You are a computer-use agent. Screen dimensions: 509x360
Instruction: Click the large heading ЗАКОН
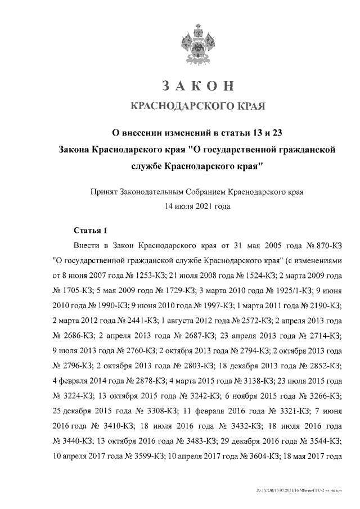(197, 86)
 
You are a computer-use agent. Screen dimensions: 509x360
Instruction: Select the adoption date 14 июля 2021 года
(197, 206)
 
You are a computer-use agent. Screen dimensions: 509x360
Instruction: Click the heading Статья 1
(90, 231)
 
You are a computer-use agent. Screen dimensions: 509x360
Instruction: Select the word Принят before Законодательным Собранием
(104, 192)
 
